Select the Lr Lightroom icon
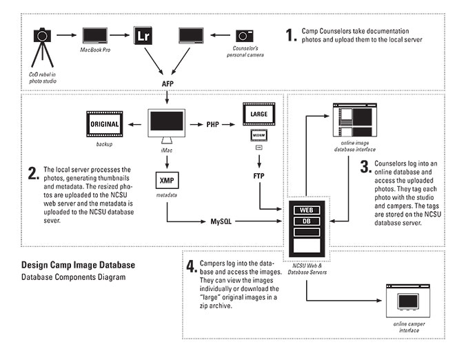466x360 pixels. point(143,35)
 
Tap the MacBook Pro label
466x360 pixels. point(96,50)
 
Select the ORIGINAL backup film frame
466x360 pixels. point(105,124)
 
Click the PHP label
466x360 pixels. point(213,125)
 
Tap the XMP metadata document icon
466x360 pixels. point(166,179)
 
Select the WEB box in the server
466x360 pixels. point(306,210)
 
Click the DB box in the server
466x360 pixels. point(306,221)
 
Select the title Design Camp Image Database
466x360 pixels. point(78,264)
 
